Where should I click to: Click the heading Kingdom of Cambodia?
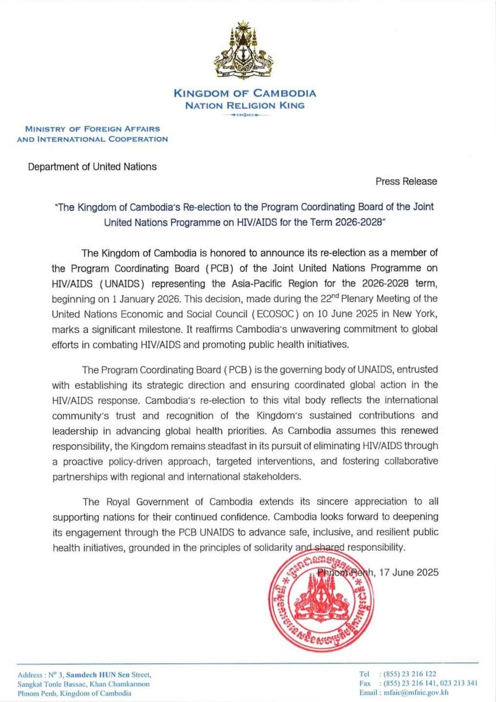click(244, 93)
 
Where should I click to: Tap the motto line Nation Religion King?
click(244, 105)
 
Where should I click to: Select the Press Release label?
click(406, 181)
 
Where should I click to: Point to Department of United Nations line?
click(92, 166)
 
